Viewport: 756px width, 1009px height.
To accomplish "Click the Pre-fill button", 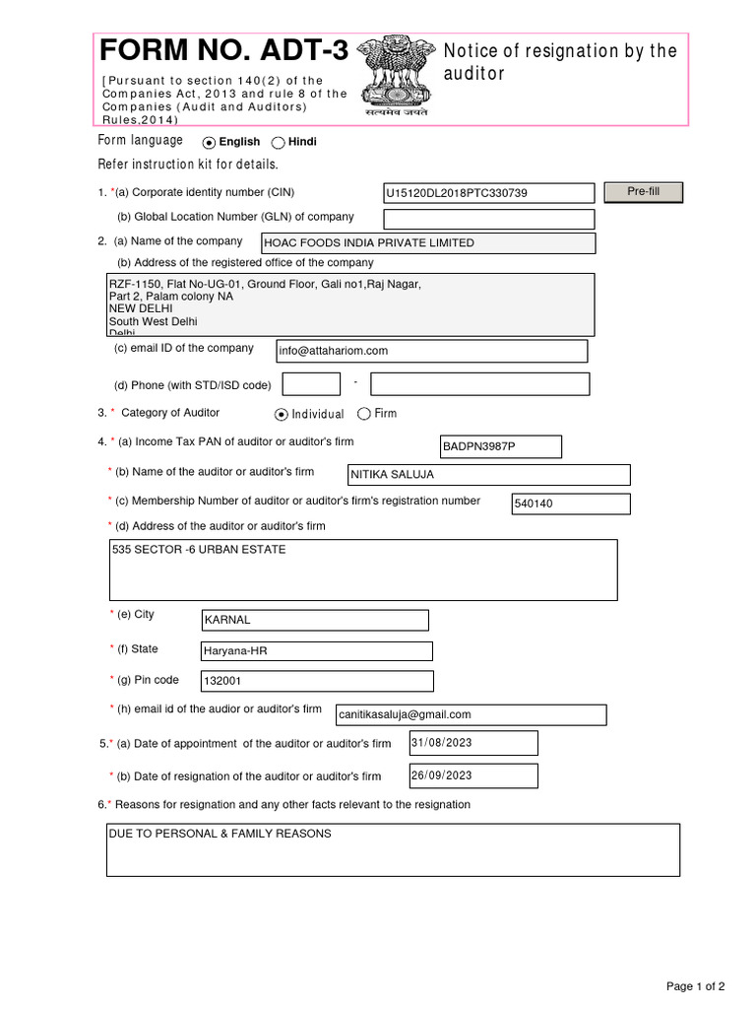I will pos(643,192).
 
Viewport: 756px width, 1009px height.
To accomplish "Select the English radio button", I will pos(209,143).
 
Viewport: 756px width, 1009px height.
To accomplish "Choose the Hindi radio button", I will pos(278,143).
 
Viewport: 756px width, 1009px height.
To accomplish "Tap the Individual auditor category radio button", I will pos(282,415).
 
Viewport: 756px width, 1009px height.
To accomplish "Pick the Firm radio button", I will pos(364,414).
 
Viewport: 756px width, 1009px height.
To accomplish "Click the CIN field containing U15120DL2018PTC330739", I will pos(489,193).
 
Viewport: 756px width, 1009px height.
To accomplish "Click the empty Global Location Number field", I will pos(489,219).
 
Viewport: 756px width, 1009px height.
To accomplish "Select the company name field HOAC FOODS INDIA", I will pos(427,243).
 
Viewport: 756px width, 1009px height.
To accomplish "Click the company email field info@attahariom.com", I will pos(432,351).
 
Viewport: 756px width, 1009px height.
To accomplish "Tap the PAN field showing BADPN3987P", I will pos(500,447).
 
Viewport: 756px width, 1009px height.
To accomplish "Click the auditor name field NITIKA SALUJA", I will pos(489,475).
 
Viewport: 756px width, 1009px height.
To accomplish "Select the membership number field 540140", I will pos(570,504).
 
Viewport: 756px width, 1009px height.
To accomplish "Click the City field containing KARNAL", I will pos(315,620).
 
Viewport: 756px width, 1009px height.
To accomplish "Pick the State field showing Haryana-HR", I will pos(316,651).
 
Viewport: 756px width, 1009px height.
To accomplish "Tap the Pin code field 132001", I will pos(316,681).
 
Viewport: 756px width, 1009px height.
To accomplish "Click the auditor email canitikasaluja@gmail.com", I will pos(471,714).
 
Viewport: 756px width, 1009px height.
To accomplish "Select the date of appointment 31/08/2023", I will pos(473,743).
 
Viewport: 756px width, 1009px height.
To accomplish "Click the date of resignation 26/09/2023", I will pos(473,775).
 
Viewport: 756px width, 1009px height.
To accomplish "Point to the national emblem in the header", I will pos(398,74).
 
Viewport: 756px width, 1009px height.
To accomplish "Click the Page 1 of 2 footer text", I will pos(696,986).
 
